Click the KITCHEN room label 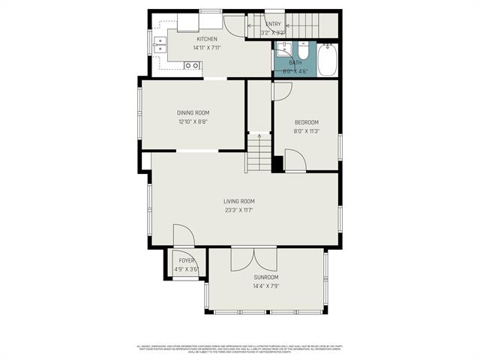tap(207, 39)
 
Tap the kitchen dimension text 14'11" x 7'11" tap(207, 47)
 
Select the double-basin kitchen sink tap(159, 46)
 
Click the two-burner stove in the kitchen tap(192, 66)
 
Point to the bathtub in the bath tap(328, 60)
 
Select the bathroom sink tap(283, 51)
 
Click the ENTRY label tap(273, 25)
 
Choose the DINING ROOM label tap(193, 112)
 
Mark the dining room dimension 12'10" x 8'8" tap(193, 121)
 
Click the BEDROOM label tap(306, 122)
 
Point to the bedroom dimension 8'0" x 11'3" tap(306, 131)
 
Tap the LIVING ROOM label tap(238, 201)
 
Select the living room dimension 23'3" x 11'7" tap(238, 210)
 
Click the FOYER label tap(186, 260)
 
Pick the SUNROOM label tap(266, 277)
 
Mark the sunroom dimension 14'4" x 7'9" tap(266, 286)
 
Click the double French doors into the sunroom tap(253, 259)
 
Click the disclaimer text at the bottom tap(240, 349)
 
